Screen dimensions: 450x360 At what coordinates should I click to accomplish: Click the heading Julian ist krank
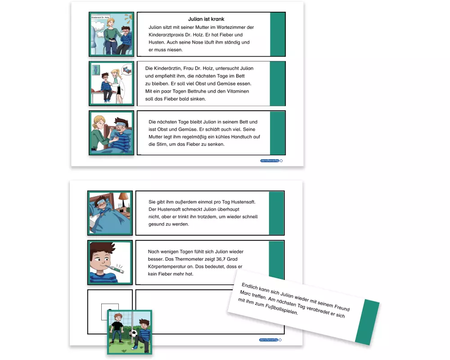coord(206,19)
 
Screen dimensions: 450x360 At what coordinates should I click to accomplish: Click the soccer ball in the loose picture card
coord(133,333)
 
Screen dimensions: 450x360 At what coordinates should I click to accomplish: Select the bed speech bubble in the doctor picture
coord(126,69)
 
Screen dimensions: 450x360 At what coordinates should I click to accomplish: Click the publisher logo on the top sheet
coord(271,161)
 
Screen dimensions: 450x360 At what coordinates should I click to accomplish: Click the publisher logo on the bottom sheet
coord(270,340)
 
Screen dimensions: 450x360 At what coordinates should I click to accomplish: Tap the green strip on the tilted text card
coord(367,322)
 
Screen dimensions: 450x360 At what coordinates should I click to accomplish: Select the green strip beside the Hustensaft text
coord(276,213)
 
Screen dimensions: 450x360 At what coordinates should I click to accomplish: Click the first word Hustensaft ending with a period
coord(243,202)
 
